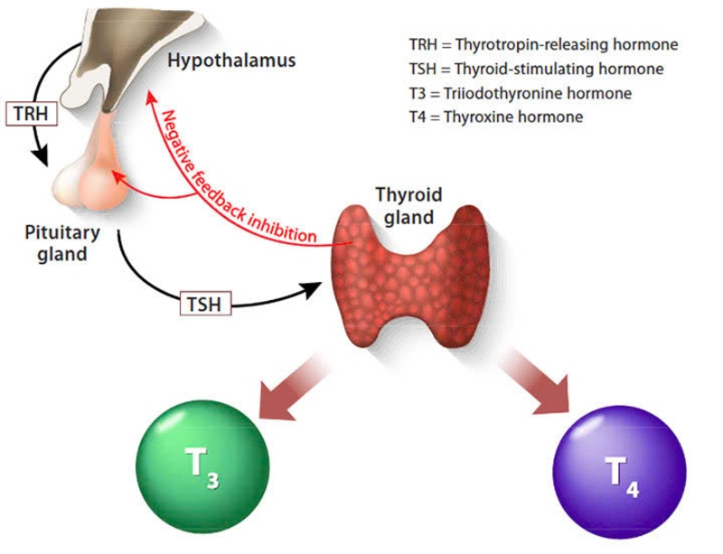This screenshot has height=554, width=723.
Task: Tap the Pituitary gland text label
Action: pyautogui.click(x=62, y=243)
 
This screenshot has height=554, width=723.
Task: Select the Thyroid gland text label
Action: pyautogui.click(x=408, y=206)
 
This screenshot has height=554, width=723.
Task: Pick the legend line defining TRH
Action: pyautogui.click(x=542, y=44)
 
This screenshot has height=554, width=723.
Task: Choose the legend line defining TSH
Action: pyautogui.click(x=536, y=69)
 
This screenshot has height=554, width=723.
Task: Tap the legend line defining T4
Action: pyautogui.click(x=495, y=117)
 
